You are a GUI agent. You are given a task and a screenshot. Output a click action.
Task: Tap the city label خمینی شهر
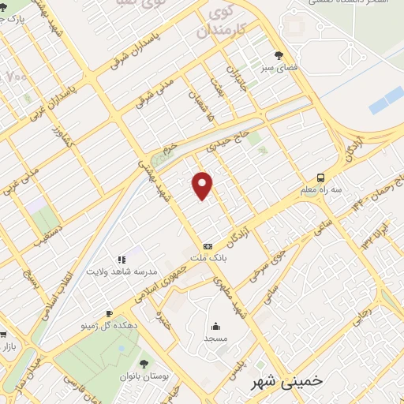click(286, 381)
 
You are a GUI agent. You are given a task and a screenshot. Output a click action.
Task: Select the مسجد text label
click(216, 339)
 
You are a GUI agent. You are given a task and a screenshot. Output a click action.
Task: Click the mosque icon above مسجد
click(216, 326)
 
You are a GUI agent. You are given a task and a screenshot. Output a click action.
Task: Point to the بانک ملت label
click(209, 258)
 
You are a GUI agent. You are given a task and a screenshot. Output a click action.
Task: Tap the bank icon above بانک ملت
click(208, 245)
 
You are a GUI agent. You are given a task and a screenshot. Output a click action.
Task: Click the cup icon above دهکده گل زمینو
click(109, 312)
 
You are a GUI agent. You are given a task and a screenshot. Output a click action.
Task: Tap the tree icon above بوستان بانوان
click(144, 364)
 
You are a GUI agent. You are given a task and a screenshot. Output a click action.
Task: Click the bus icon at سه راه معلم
click(321, 178)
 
